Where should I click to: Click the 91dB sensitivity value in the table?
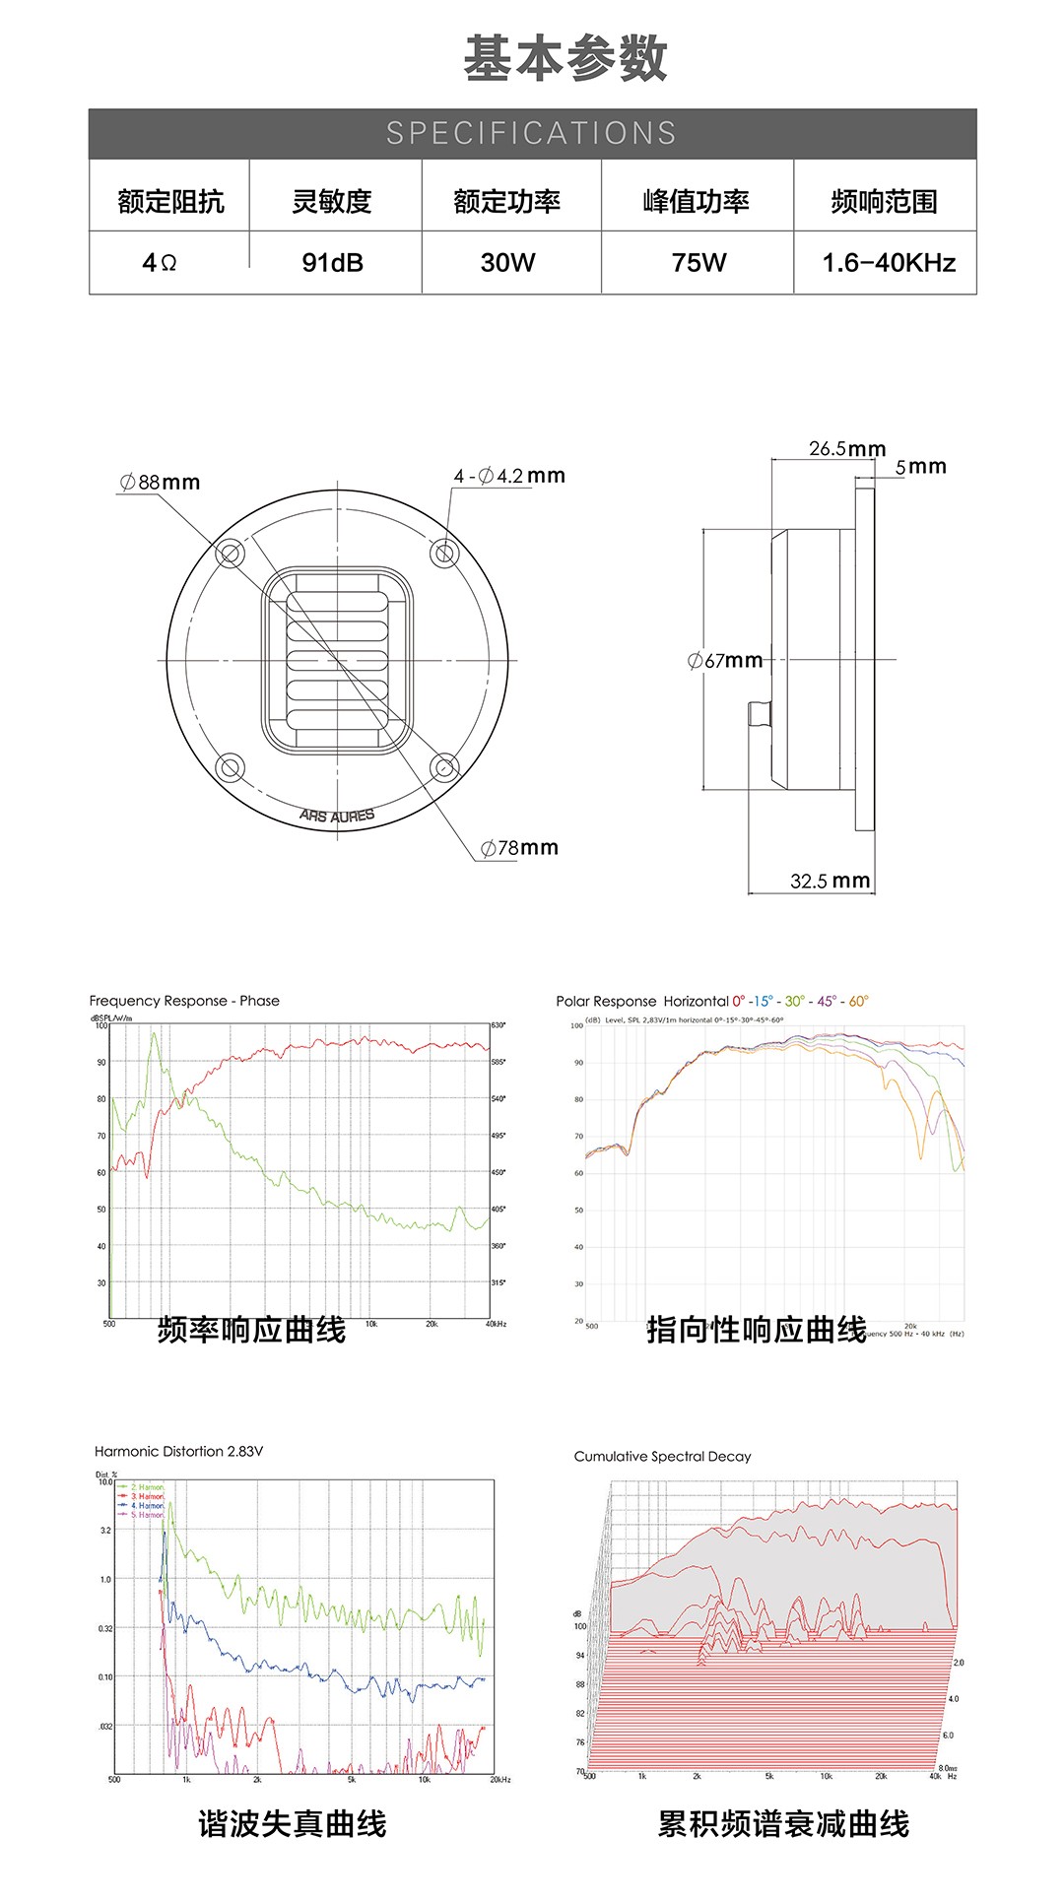coord(333,263)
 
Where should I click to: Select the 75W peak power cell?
coord(698,263)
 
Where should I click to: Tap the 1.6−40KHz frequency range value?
coord(889,263)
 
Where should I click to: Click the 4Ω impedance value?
coord(160,263)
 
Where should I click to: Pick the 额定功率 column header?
coord(507,201)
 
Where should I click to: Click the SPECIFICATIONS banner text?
coord(532,133)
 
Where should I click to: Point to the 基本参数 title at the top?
coord(565,58)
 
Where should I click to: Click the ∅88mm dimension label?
coord(160,482)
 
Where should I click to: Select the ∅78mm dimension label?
coord(519,847)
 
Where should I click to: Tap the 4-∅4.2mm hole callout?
coord(509,476)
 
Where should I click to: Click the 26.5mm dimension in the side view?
coord(847,448)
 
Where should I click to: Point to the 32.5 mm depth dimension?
coord(831,881)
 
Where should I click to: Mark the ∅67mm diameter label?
coord(725,660)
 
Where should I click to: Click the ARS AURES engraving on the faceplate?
coord(337,817)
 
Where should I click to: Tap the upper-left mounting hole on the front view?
coord(229,554)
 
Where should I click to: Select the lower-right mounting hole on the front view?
coord(444,766)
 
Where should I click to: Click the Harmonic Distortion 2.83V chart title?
coord(178,1451)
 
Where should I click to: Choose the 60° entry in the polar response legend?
coord(858,1001)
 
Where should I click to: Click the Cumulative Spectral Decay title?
coord(662,1456)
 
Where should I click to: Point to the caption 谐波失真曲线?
coord(292,1823)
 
